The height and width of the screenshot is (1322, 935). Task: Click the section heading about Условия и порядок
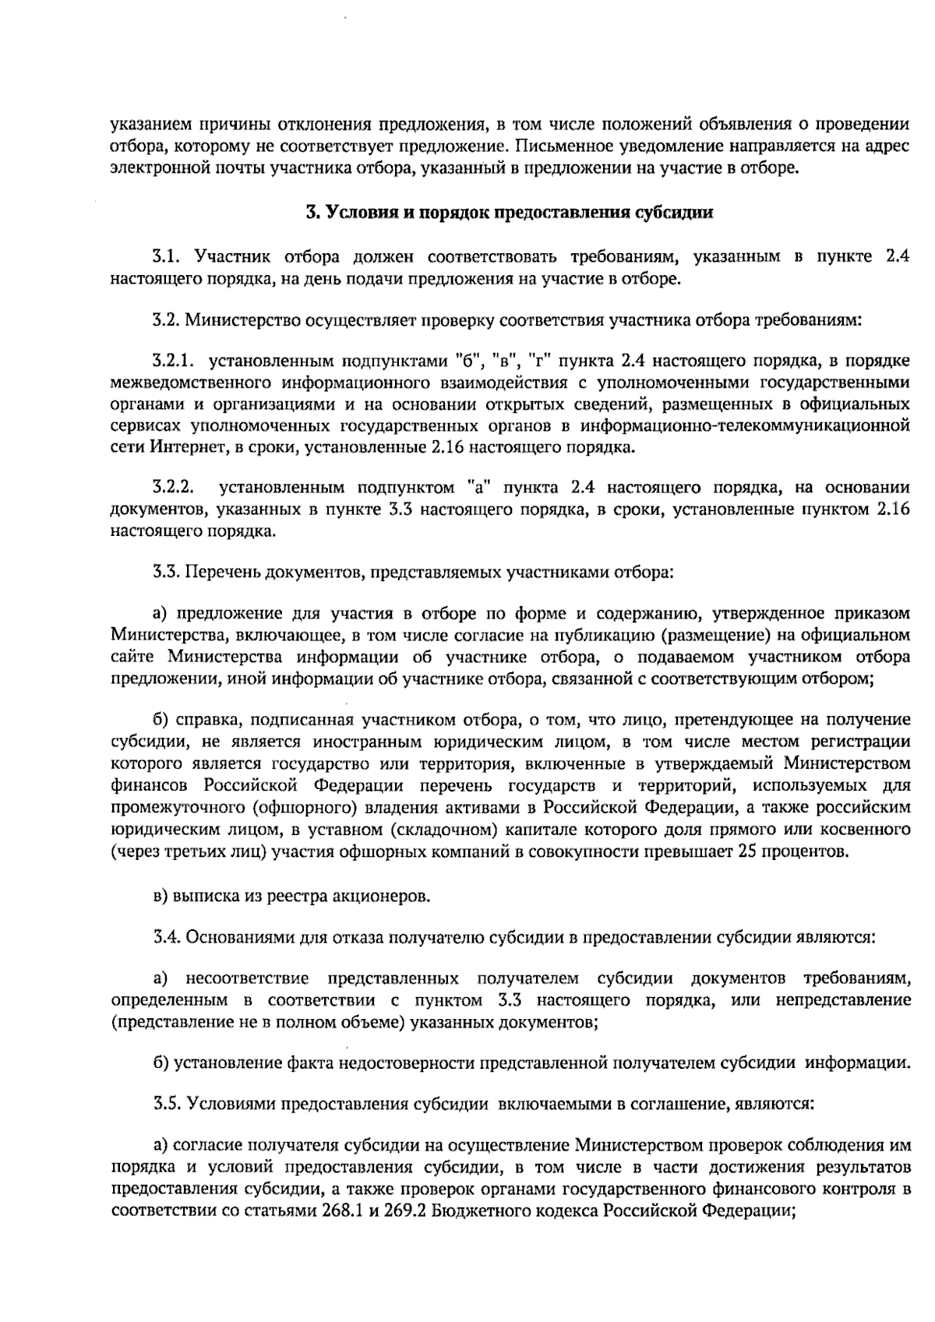click(508, 212)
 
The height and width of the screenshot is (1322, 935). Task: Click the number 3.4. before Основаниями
click(167, 936)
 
